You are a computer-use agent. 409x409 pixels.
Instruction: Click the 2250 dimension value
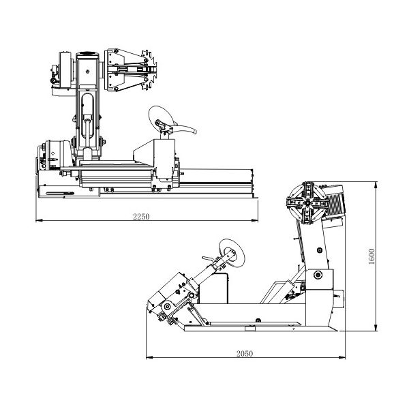(x=141, y=217)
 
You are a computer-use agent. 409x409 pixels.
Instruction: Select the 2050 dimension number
(x=245, y=353)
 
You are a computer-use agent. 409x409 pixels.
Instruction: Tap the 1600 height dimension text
(x=372, y=257)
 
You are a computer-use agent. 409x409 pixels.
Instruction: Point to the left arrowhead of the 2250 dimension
(x=39, y=220)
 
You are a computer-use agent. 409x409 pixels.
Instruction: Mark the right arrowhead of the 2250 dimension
(x=254, y=220)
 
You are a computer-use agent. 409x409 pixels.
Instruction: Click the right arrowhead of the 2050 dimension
(x=342, y=357)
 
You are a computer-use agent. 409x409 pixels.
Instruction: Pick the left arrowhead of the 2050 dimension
(x=149, y=357)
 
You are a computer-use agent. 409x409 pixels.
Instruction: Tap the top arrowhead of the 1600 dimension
(x=376, y=185)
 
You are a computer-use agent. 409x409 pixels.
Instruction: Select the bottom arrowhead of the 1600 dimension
(x=376, y=328)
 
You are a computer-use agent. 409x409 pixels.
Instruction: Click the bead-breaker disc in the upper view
(x=160, y=118)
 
